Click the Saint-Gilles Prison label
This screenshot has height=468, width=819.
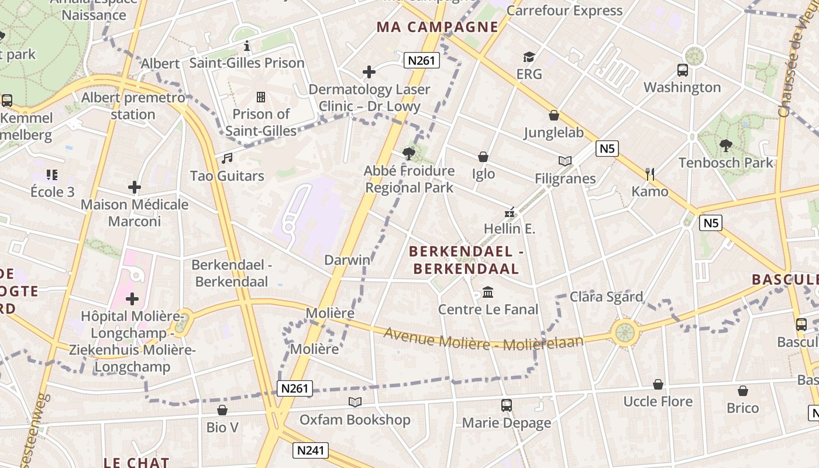coord(246,63)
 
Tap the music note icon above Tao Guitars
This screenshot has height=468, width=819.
coord(227,159)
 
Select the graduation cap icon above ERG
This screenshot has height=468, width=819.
coord(529,57)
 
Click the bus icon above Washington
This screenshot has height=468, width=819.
coord(682,70)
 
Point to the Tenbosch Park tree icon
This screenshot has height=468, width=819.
coord(726,146)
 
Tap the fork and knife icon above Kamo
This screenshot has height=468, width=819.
coord(649,174)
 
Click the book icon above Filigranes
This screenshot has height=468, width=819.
coord(565,161)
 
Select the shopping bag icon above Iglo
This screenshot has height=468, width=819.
coord(483,157)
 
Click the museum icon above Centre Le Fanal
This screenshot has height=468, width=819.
coord(488,292)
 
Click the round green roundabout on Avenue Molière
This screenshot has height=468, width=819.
coord(624,332)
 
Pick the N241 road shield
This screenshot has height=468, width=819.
coord(311,450)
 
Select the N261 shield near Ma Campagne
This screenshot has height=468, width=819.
coord(421,60)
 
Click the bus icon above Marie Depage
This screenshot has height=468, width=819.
coord(507,405)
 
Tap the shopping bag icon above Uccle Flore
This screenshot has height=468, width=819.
coord(658,384)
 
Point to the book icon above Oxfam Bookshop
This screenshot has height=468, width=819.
coord(355,402)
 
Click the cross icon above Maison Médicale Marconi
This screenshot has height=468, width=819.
coord(135,187)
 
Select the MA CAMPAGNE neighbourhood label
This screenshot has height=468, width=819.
coord(438,27)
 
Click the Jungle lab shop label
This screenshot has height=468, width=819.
coord(553,132)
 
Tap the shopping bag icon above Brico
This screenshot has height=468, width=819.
coord(742,391)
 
